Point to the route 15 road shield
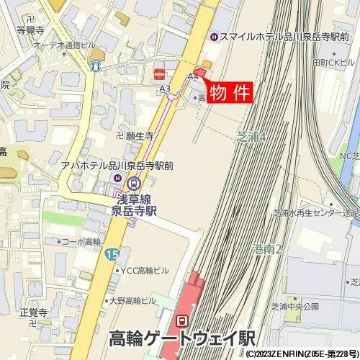click(x=111, y=254)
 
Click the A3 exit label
click(x=165, y=89)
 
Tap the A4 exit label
click(x=192, y=76)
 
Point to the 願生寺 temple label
click(x=139, y=135)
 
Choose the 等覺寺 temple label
click(x=30, y=31)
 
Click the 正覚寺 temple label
click(x=33, y=313)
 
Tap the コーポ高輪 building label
click(x=81, y=243)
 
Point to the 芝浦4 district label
click(x=252, y=135)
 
